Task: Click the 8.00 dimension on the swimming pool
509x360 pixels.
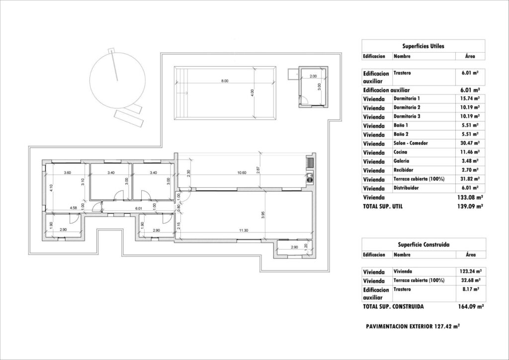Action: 225,81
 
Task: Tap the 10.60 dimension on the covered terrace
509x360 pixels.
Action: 242,173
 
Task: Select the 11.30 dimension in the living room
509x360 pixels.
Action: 243,230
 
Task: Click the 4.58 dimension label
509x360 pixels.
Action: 73,208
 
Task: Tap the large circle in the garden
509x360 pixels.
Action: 117,80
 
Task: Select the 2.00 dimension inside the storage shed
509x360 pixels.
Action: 313,76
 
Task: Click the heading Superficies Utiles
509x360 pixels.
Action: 423,46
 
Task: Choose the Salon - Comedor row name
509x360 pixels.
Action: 411,143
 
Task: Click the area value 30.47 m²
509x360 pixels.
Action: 470,143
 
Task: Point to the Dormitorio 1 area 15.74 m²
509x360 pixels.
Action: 470,98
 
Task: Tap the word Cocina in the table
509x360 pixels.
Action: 402,152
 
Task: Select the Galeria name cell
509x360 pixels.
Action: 402,161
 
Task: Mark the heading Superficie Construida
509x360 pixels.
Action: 423,245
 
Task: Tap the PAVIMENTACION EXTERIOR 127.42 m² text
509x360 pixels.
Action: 412,327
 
